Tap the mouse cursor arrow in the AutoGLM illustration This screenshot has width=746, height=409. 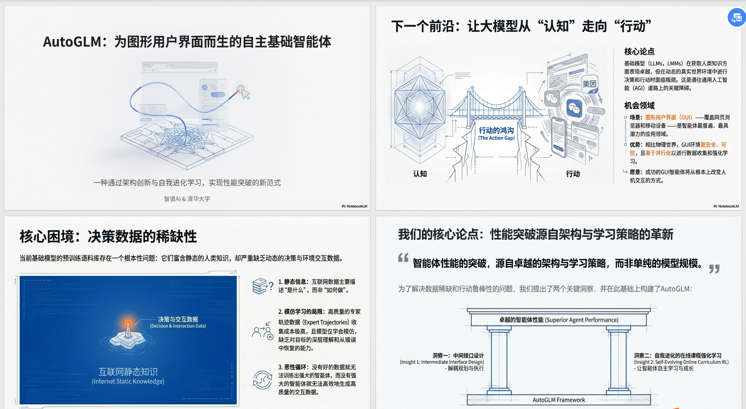[x=246, y=95]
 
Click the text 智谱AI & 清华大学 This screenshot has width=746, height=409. [x=187, y=199]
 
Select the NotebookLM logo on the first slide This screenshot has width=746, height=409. [x=354, y=206]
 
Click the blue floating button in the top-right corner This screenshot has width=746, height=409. [x=736, y=18]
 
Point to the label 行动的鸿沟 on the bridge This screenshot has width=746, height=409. [x=496, y=131]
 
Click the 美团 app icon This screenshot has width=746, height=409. [x=589, y=84]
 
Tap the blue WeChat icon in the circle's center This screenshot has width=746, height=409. [x=574, y=108]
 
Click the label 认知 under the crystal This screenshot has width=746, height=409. [x=420, y=174]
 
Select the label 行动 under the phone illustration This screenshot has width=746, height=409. [x=573, y=174]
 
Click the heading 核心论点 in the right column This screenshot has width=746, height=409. [x=639, y=52]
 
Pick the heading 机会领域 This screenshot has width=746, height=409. [x=639, y=106]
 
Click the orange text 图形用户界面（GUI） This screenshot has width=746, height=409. [x=669, y=117]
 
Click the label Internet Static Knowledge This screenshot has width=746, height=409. [x=128, y=381]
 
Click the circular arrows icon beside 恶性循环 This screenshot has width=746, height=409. [x=262, y=380]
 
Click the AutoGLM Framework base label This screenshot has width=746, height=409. [x=559, y=400]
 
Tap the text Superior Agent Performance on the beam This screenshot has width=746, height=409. [x=581, y=320]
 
